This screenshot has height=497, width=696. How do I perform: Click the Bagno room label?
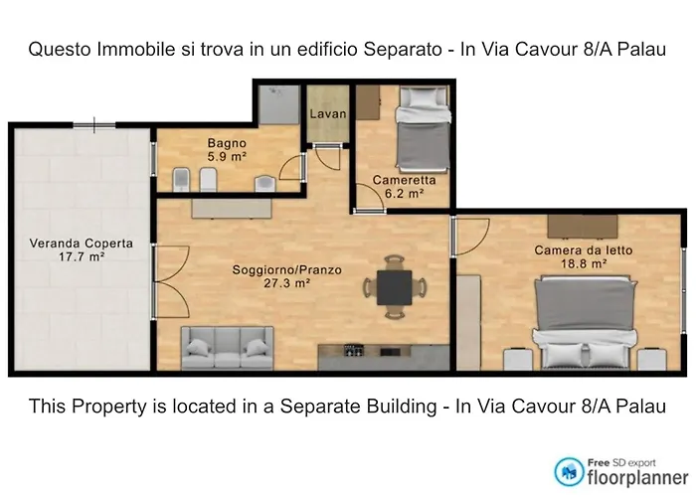pyautogui.click(x=227, y=143)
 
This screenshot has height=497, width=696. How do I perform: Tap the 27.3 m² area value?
pyautogui.click(x=286, y=283)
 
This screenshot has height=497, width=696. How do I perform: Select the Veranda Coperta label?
pyautogui.click(x=82, y=244)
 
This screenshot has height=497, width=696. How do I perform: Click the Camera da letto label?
pyautogui.click(x=584, y=250)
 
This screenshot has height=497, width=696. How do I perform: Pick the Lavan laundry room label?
pyautogui.click(x=328, y=114)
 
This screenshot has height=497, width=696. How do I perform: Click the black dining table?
pyautogui.click(x=394, y=287)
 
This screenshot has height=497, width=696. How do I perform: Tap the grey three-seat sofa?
pyautogui.click(x=227, y=348)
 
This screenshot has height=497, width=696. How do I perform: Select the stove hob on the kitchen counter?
pyautogui.click(x=354, y=351)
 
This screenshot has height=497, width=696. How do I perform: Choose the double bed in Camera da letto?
pyautogui.click(x=586, y=323)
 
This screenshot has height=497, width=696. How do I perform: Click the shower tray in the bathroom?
pyautogui.click(x=278, y=105)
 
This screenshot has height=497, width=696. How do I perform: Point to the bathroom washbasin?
pyautogui.click(x=265, y=183)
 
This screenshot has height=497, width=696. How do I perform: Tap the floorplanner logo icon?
pyautogui.click(x=569, y=472)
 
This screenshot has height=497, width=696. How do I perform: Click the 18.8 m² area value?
pyautogui.click(x=584, y=263)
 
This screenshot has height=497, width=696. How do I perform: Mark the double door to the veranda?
pyautogui.click(x=171, y=281)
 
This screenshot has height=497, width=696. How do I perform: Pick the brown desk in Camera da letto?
pyautogui.click(x=583, y=227)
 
